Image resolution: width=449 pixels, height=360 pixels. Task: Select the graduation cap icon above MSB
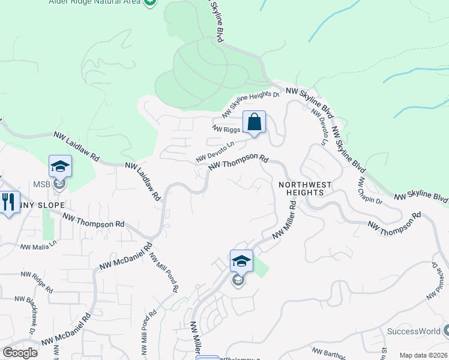[60, 166]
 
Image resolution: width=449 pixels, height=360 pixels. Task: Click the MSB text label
[41, 184]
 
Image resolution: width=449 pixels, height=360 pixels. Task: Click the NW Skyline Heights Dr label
[251, 104]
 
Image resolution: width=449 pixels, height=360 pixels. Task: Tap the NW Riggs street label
[226, 128]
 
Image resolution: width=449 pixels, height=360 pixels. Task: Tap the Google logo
[20, 352]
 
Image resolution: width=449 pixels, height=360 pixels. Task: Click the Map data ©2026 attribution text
[423, 355]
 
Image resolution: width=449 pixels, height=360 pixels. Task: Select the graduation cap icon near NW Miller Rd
[241, 261]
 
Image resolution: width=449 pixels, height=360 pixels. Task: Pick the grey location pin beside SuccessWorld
[446, 331]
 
